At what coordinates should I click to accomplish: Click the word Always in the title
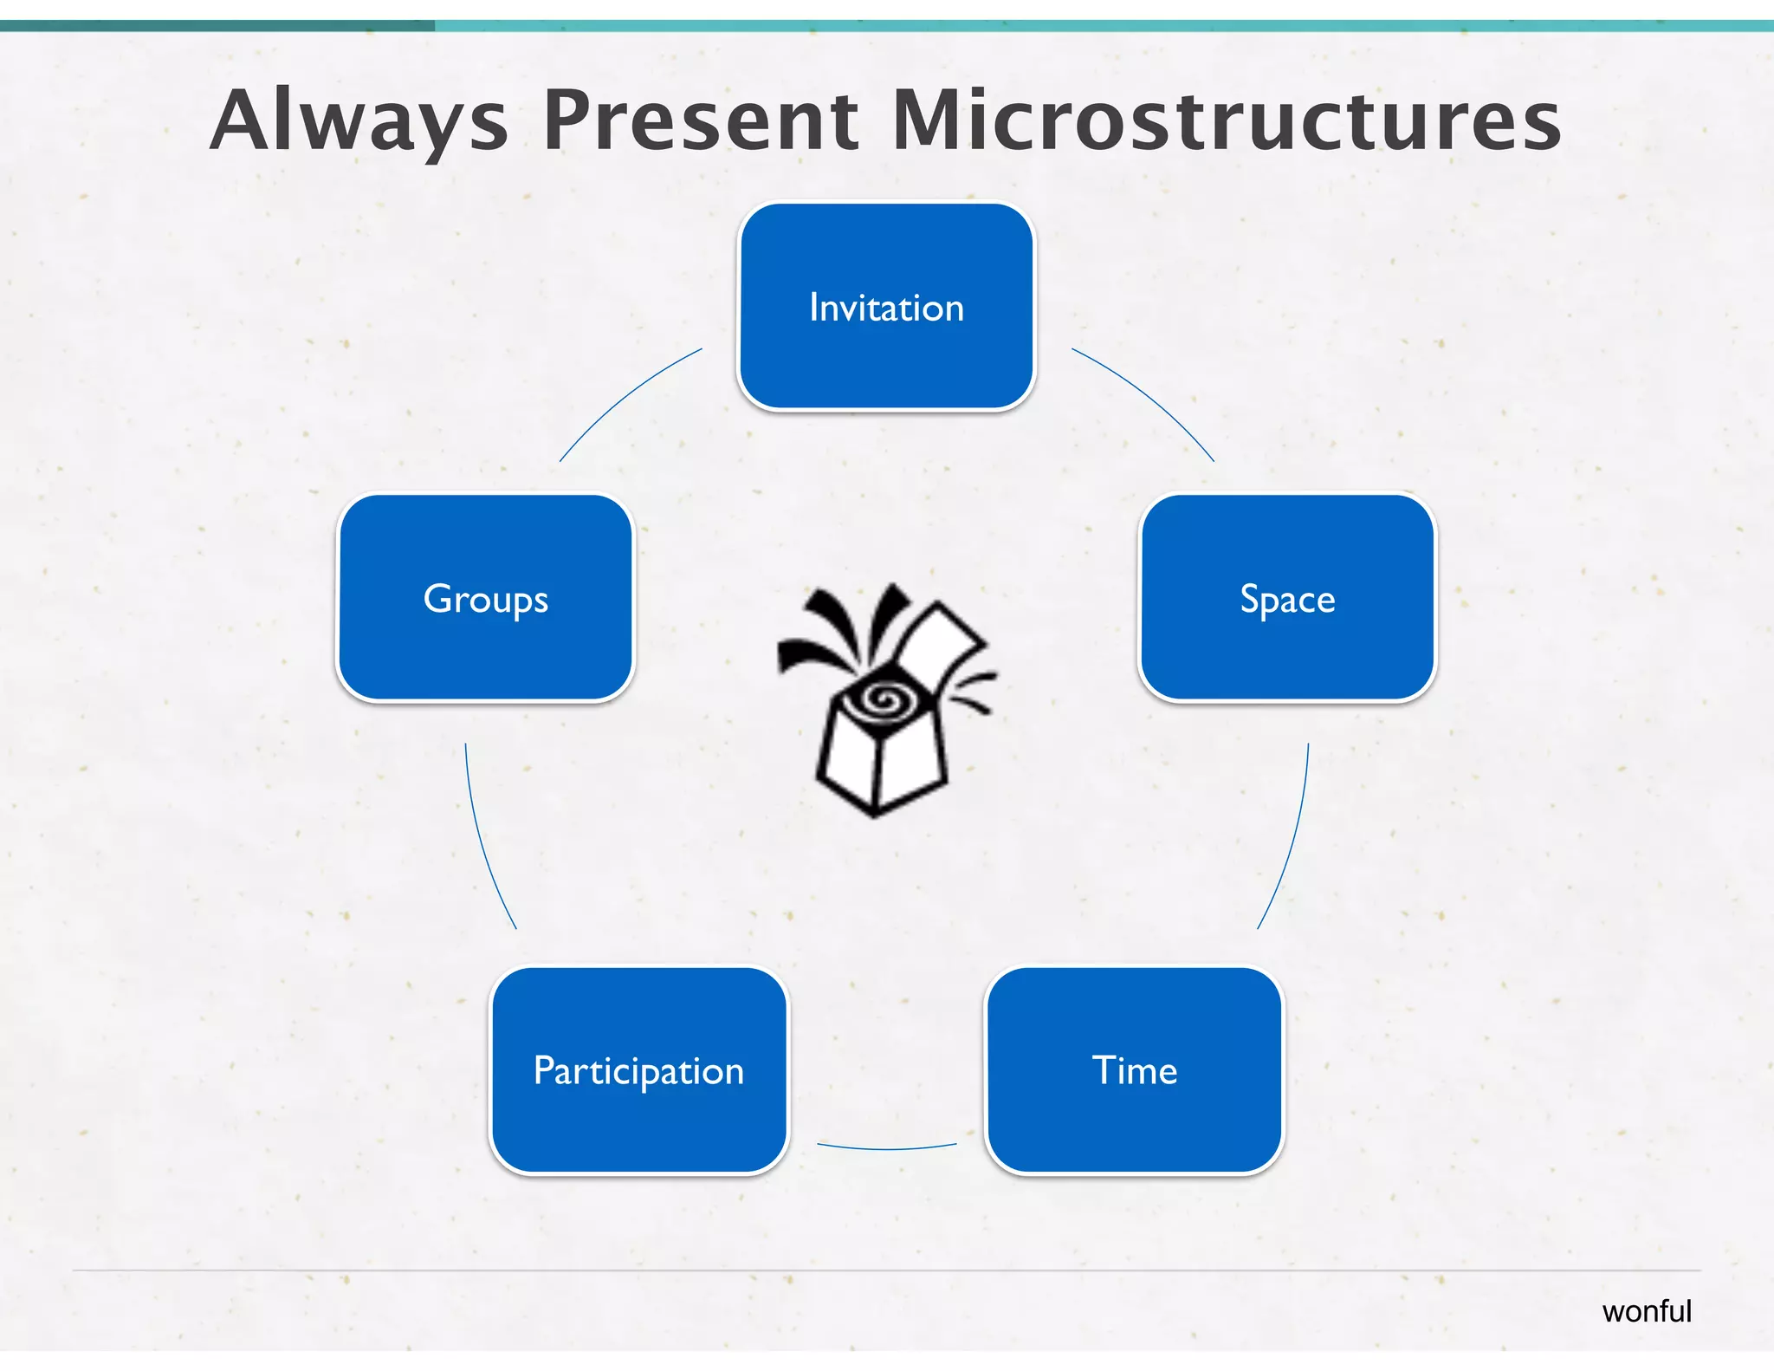point(359,121)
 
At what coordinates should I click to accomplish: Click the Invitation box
point(886,307)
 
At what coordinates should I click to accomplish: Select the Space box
point(1287,598)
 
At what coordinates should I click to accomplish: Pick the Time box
point(1134,1070)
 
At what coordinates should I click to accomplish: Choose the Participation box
point(639,1070)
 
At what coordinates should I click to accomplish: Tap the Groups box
point(485,598)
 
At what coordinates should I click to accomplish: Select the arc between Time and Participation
point(887,1148)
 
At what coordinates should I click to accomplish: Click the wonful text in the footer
point(1646,1311)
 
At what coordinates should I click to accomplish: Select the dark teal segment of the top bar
point(217,26)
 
